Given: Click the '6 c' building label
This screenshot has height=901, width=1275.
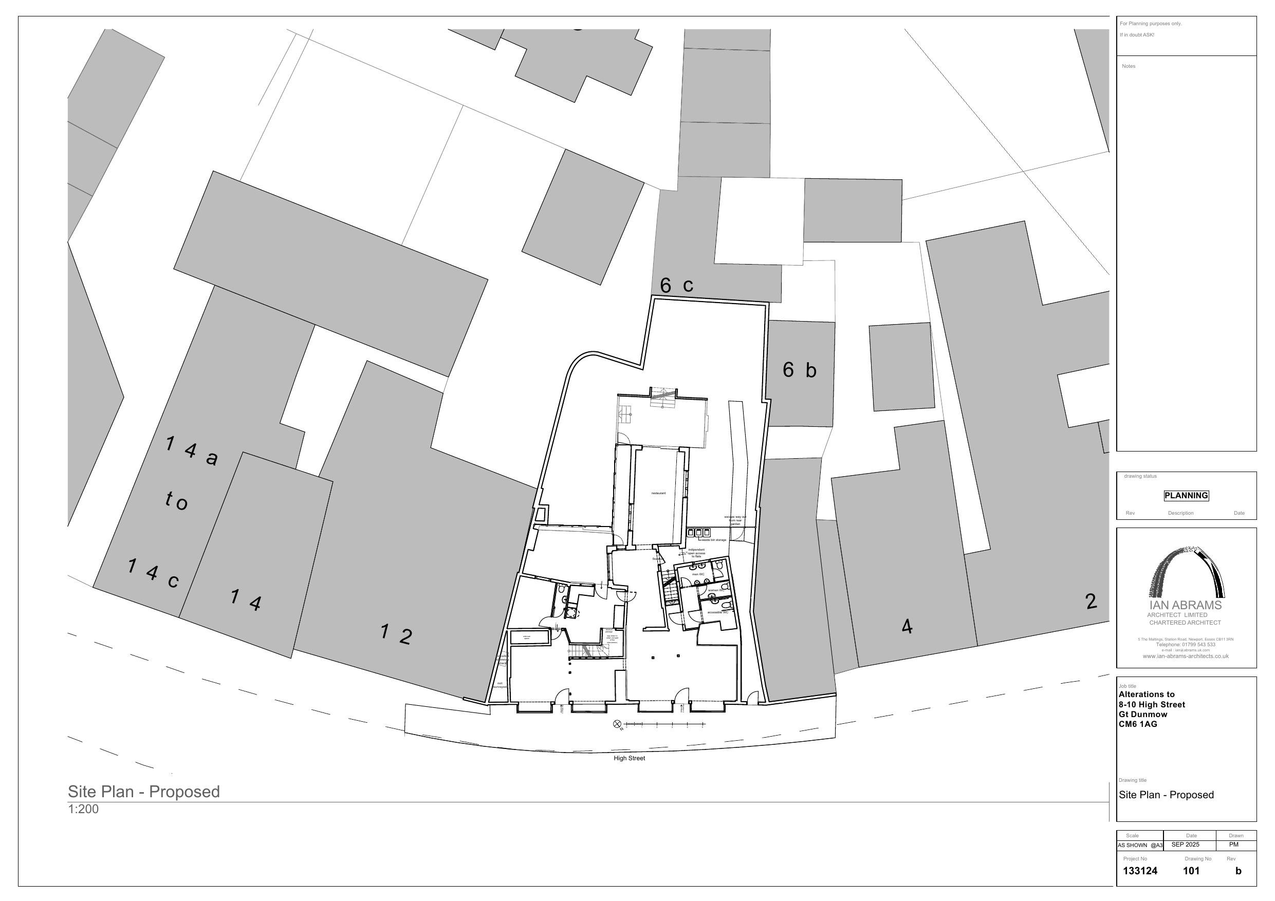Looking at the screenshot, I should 676,285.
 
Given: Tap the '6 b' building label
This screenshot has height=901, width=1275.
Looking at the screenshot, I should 799,370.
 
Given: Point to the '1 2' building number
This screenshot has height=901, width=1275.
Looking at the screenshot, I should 396,634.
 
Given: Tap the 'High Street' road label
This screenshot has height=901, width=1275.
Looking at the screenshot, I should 629,758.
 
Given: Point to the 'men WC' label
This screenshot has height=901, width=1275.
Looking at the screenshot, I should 698,574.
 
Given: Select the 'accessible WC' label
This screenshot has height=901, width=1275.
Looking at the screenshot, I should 717,612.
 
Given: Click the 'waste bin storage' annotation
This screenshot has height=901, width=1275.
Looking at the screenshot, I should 714,539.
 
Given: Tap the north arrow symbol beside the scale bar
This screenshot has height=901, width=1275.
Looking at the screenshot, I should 616,724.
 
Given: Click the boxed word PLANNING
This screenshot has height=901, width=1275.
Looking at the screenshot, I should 1186,495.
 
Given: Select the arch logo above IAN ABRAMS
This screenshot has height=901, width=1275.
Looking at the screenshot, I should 1187,572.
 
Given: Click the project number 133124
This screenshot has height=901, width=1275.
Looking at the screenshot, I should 1140,871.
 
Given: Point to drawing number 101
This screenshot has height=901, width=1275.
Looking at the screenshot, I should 1191,871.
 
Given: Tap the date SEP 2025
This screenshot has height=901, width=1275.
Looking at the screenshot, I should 1185,844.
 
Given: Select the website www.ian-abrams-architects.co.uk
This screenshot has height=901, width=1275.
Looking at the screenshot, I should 1185,656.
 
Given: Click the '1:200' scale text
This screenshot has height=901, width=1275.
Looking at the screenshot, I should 83,809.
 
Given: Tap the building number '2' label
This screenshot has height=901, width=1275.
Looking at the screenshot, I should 1091,601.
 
